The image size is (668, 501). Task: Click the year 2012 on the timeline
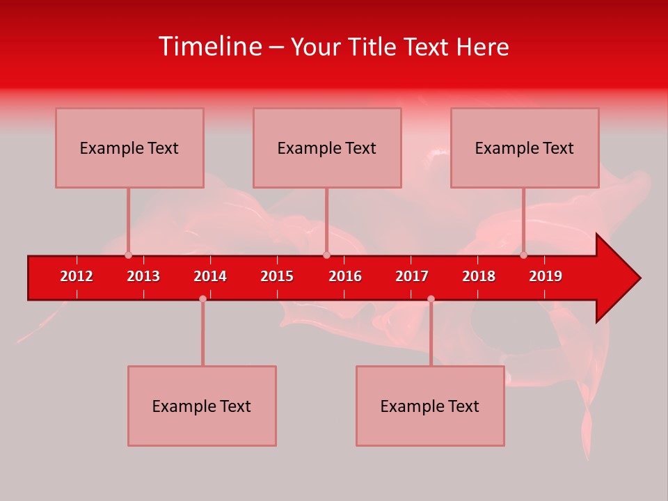(77, 276)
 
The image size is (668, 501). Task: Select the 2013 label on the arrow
(143, 276)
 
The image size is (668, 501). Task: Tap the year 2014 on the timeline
(210, 276)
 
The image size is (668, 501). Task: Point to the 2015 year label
(277, 276)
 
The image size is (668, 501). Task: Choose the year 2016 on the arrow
(345, 276)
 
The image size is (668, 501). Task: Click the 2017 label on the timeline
(412, 276)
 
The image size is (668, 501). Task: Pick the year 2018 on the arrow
(479, 276)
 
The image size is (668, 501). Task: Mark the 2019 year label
(546, 276)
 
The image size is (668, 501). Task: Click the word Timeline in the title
(209, 47)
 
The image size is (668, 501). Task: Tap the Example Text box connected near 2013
(129, 148)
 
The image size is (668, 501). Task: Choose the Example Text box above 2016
(327, 148)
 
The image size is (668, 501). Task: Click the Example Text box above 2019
(525, 148)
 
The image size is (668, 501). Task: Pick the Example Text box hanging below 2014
(202, 406)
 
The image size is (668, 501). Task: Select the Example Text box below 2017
(430, 406)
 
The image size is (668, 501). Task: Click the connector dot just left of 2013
(128, 255)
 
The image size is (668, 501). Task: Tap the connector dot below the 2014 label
(202, 299)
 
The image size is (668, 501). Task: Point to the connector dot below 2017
(431, 299)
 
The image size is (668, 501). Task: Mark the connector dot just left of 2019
(524, 255)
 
